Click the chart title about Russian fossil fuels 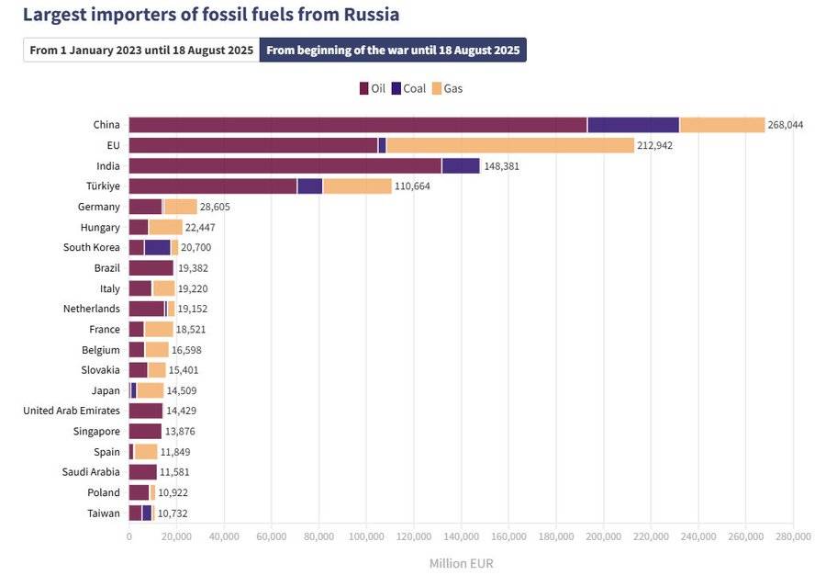point(210,15)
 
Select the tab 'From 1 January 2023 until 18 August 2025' point(141,50)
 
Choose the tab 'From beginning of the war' point(393,50)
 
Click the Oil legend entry point(373,89)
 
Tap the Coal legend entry point(408,89)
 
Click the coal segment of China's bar point(633,125)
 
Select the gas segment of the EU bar point(510,145)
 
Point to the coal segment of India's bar point(461,165)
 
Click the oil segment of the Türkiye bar point(213,186)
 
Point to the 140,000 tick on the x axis point(461,536)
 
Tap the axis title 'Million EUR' point(461,563)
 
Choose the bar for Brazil point(151,268)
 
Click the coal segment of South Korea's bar point(158,247)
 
